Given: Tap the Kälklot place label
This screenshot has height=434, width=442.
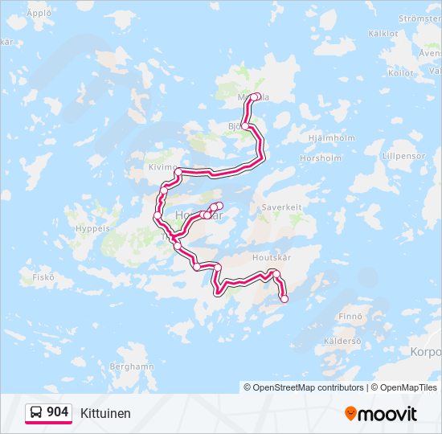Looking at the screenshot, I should coord(383,34).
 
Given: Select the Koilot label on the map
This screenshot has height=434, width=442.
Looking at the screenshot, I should coord(400,72).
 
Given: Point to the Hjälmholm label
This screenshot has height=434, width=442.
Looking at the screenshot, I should coord(331,137).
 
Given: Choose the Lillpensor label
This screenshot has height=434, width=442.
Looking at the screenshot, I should coord(403,154).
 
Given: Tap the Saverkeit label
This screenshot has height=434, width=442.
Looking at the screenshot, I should coord(281,207).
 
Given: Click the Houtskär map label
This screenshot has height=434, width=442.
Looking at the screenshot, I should coord(270,258).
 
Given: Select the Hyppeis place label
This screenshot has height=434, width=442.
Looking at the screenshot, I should coord(91,228).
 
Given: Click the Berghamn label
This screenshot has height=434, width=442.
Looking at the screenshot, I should coord(132,366).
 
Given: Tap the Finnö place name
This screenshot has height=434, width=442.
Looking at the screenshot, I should coord(350,316).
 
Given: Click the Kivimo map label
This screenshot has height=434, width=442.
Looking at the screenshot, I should coord(162,167).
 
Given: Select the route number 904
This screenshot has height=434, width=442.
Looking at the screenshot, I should coord(57,412).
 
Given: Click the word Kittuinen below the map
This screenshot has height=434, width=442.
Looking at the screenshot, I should coord(105,413).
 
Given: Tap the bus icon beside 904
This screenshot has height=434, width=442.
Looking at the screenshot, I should coord(36,412).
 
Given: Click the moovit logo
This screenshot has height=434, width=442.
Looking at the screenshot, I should coord(381,414).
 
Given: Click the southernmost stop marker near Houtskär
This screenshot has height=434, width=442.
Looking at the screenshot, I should coord(284,299).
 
